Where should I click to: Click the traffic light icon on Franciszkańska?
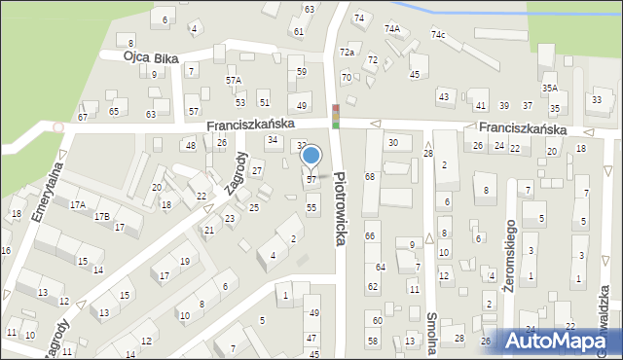336,116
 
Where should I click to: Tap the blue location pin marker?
311,156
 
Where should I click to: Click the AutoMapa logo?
560,341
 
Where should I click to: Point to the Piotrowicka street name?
339,208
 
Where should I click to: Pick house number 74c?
439,35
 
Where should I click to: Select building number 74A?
391,29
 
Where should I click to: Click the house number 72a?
347,51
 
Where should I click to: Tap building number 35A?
550,89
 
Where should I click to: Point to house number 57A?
234,80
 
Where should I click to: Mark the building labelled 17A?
78,204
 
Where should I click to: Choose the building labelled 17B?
102,216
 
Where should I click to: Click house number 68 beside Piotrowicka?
370,176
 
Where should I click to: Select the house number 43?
444,96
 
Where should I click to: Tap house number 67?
83,117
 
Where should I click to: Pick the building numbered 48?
191,145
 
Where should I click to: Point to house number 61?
299,31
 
